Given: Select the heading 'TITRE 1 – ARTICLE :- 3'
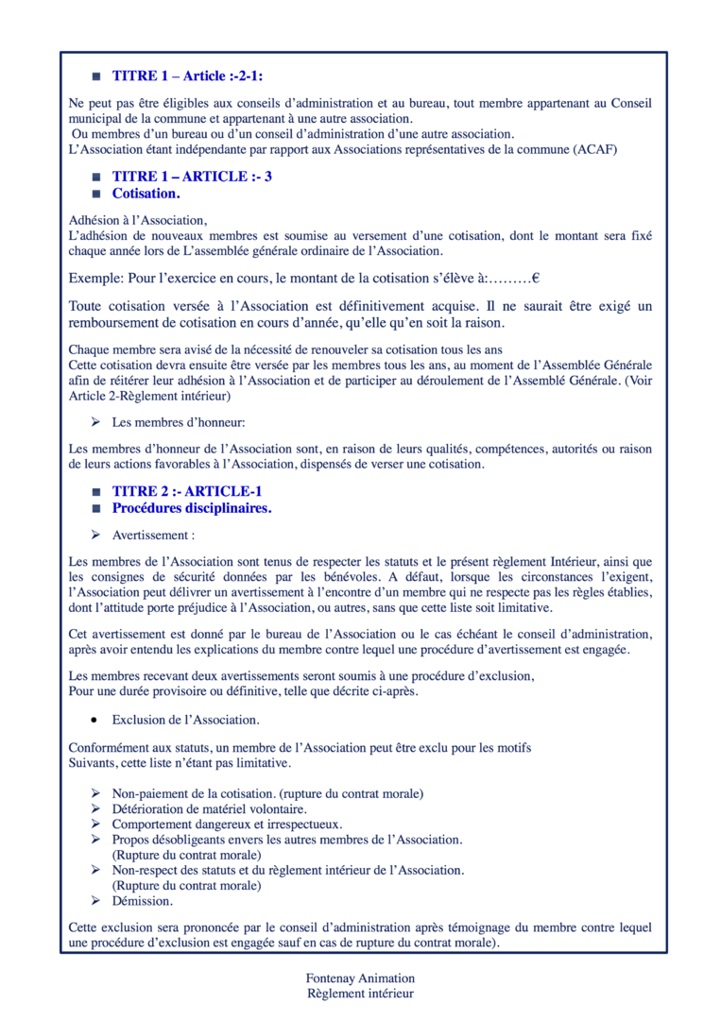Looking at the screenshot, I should (192, 177).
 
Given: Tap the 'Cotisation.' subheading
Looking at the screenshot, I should (146, 194).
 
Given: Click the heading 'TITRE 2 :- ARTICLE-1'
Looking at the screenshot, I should (187, 491).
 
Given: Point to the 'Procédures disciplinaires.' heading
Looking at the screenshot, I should (192, 508).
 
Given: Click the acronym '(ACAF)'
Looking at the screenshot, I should (595, 150).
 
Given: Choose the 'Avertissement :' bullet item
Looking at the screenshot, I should (154, 535).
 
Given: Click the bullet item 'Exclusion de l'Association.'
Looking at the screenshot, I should (185, 720).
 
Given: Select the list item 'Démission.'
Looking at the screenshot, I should (142, 901).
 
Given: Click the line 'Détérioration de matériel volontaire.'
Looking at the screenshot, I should (210, 808).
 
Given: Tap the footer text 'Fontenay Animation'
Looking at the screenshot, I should (360, 978).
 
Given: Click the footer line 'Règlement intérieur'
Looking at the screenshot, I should (360, 994).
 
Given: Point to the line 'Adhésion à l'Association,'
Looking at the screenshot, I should (137, 220).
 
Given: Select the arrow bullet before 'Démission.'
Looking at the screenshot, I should (95, 901).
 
